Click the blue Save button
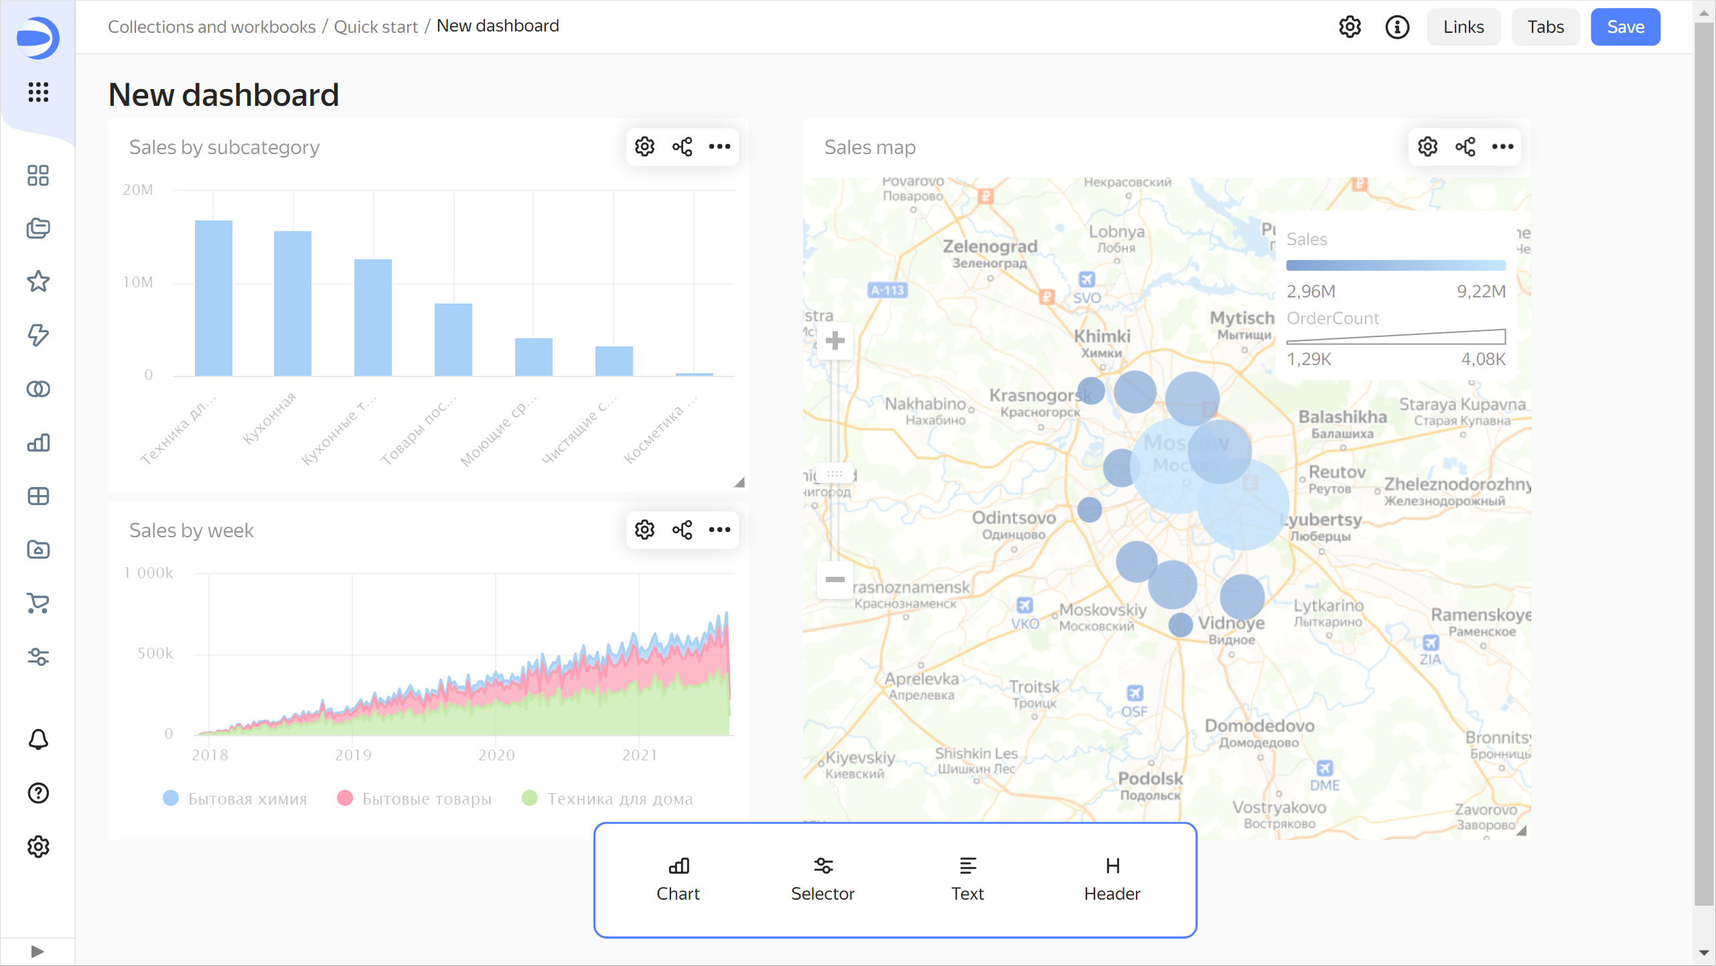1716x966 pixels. click(1625, 27)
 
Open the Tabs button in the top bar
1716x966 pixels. click(1545, 27)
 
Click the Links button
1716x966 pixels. click(1463, 27)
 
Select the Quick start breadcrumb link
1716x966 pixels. click(376, 27)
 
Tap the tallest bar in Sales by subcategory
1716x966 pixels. click(213, 297)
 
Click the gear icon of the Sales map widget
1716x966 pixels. click(1427, 147)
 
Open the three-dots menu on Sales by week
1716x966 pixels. click(719, 530)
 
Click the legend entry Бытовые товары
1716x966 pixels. click(426, 799)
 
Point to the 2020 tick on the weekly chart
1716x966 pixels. click(496, 755)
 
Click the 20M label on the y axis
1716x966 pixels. click(138, 190)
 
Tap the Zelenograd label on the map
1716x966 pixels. click(990, 247)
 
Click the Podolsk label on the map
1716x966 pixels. click(1150, 778)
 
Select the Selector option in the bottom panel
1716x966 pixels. click(823, 879)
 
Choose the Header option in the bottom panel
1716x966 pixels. click(1112, 879)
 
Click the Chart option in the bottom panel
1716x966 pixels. click(678, 879)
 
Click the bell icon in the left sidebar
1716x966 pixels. click(38, 740)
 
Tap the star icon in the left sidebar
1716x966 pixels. click(38, 281)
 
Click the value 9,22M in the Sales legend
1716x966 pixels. click(1481, 291)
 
